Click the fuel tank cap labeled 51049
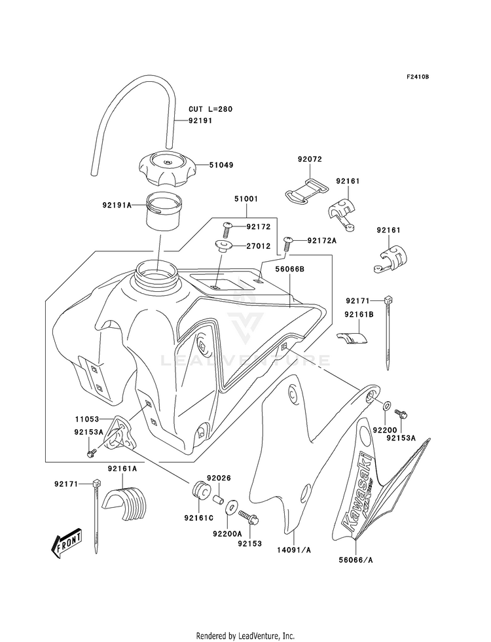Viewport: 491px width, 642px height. pos(167,169)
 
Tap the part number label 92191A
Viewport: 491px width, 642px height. pos(117,204)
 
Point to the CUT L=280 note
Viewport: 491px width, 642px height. pos(210,109)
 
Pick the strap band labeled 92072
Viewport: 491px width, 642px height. pos(306,190)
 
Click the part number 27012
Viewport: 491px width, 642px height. pos(259,246)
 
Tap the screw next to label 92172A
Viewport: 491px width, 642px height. pos(288,244)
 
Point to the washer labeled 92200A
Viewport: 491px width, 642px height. pos(230,507)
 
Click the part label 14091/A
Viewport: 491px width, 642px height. pos(293,550)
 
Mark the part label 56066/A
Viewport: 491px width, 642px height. pos(355,560)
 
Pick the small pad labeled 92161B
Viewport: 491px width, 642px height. pos(352,337)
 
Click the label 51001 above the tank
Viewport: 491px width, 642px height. pos(246,199)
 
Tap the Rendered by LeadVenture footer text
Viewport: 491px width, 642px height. pos(245,636)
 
